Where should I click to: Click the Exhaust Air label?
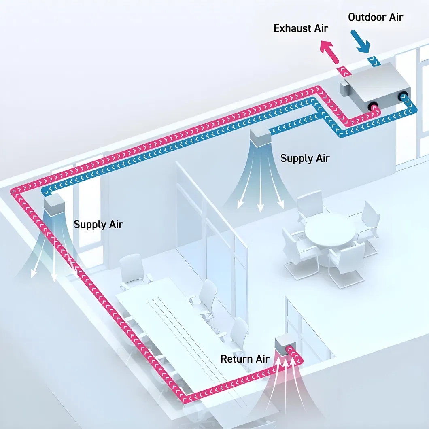coord(301,28)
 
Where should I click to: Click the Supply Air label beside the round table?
coord(305,158)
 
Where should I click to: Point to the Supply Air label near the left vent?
coord(98,224)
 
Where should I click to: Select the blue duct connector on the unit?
coord(403,97)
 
